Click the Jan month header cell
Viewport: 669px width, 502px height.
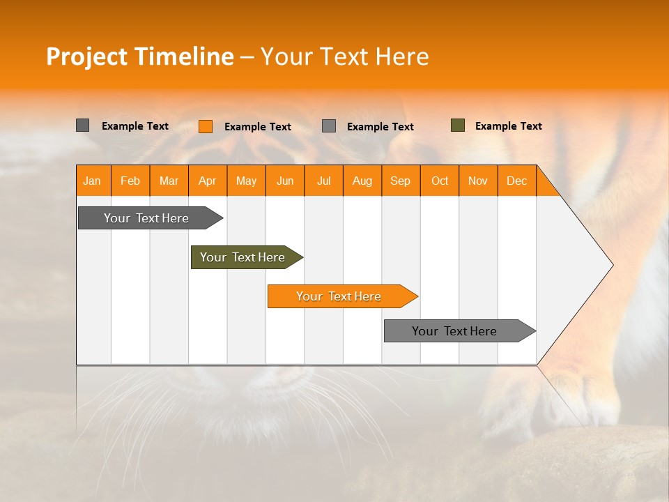(93, 181)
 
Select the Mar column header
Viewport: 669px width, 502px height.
(169, 181)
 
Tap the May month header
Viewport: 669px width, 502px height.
(246, 181)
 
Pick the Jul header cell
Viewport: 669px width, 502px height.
(323, 181)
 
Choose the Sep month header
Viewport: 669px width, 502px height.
(401, 181)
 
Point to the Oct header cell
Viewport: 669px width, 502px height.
(440, 181)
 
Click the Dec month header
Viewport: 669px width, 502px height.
(516, 181)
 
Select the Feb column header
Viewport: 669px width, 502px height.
(130, 181)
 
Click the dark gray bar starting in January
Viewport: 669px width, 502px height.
(146, 218)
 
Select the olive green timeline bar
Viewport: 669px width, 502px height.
(243, 257)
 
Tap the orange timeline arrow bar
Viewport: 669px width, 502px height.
(339, 296)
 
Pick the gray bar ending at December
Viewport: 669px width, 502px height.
(454, 331)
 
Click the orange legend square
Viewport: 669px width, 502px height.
(205, 126)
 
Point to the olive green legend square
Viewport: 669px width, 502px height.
(458, 125)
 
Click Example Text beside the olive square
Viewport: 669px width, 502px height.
(508, 126)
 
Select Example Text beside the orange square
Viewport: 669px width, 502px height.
(257, 127)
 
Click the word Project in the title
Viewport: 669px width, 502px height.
(86, 56)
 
